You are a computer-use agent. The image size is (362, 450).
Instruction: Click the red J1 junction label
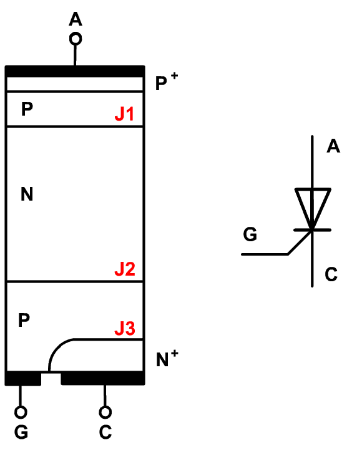(x=124, y=114)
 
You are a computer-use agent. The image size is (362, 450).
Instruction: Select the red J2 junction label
(x=125, y=269)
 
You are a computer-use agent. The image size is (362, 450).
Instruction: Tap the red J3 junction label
(x=125, y=328)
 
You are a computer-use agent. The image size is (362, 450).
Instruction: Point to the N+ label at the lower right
(x=167, y=359)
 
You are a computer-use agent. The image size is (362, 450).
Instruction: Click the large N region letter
(x=27, y=194)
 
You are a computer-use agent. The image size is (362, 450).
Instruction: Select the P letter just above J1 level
(x=27, y=109)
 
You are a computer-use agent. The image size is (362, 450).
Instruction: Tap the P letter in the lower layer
(x=24, y=320)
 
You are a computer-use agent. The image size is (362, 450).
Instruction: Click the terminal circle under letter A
(x=76, y=39)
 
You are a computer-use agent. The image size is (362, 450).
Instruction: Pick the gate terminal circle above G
(x=21, y=412)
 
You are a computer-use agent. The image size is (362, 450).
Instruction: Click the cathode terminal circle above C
(x=105, y=412)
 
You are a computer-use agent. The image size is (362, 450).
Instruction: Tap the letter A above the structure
(x=76, y=19)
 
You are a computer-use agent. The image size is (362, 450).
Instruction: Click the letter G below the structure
(x=21, y=432)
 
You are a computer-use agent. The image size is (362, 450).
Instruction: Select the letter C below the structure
(x=105, y=432)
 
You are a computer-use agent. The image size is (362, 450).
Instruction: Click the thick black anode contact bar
(x=75, y=71)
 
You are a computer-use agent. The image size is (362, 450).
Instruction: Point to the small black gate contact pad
(x=23, y=378)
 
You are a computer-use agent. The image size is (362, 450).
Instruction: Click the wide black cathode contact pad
(x=103, y=378)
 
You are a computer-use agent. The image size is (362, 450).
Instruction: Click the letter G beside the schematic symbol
(x=250, y=234)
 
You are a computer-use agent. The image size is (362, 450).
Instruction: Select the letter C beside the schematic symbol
(x=331, y=274)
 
